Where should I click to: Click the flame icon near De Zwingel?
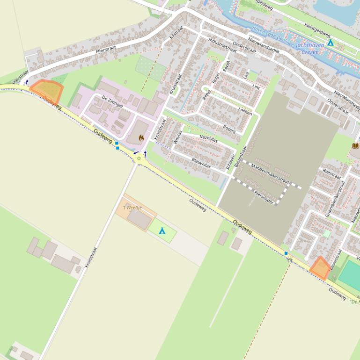coord(141,138)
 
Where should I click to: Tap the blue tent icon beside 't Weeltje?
coord(162,231)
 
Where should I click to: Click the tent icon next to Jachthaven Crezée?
coord(331,43)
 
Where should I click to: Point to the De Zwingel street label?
coord(112,101)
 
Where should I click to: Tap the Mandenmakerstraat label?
coord(270,173)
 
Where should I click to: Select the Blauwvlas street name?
coord(201,163)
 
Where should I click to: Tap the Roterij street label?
coord(229,128)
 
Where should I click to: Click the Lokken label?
coord(245,110)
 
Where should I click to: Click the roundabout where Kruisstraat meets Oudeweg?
coord(139,158)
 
